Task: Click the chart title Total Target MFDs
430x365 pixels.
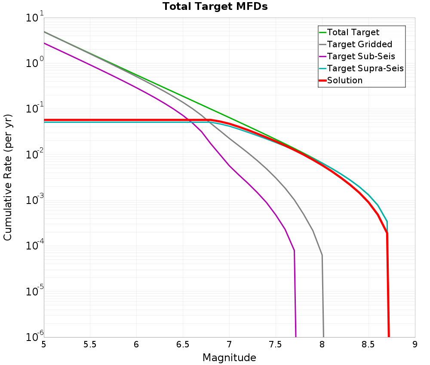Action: (x=215, y=7)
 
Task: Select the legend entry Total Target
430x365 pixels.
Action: (x=353, y=32)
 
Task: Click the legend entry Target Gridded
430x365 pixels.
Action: (x=359, y=44)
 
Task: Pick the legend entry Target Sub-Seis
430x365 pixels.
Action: (x=360, y=56)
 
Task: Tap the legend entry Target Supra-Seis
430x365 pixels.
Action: (x=365, y=68)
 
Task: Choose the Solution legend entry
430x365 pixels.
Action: (x=344, y=80)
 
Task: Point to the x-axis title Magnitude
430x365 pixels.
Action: (x=229, y=357)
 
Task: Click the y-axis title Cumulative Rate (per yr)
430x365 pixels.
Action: (x=8, y=177)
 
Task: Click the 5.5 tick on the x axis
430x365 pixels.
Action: (x=90, y=344)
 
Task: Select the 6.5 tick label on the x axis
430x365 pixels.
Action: (x=183, y=344)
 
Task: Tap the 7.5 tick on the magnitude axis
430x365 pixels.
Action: (x=275, y=344)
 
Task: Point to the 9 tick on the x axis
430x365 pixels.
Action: (x=415, y=344)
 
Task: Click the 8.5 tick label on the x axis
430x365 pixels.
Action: (x=368, y=344)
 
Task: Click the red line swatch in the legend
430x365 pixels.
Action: (x=322, y=80)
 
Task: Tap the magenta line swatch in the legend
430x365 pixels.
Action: (x=322, y=56)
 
